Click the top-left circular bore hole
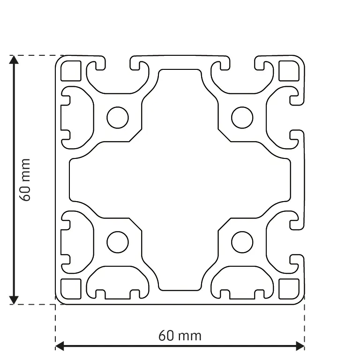tap(117, 118)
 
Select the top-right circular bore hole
tap(242, 118)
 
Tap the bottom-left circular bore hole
tap(117, 242)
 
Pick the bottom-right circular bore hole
tap(242, 242)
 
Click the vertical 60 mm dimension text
tap(25, 180)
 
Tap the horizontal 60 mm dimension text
tap(180, 336)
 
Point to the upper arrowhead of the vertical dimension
tap(14, 60)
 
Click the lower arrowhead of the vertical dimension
tap(14, 300)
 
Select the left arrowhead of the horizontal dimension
tap(60, 346)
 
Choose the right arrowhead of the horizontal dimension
tap(300, 346)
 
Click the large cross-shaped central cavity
tap(180, 180)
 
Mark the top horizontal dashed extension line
tap(35, 55)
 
